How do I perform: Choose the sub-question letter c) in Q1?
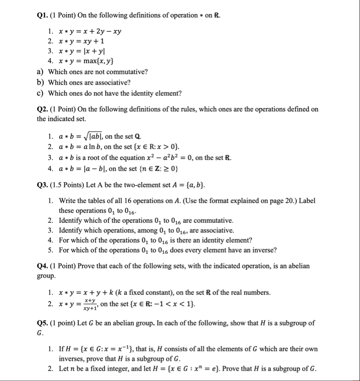41,93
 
